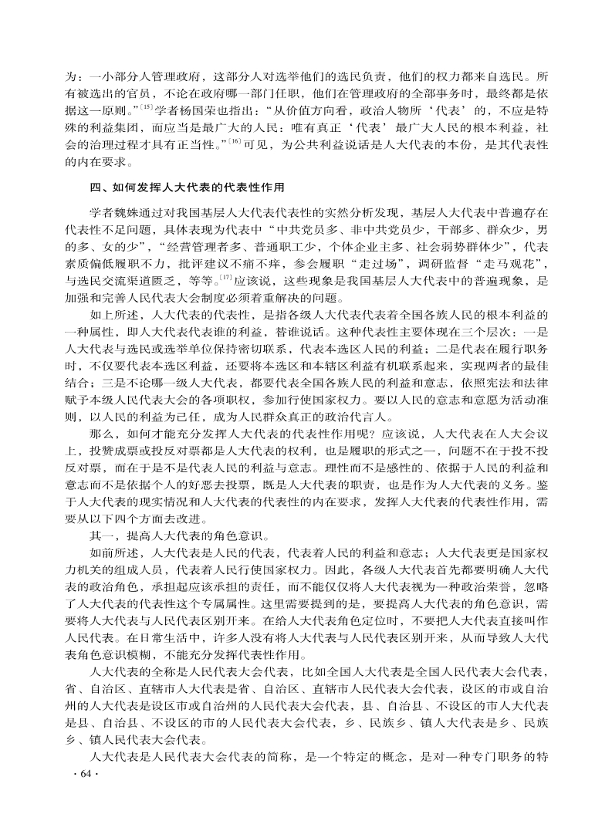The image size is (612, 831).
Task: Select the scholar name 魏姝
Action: click(x=137, y=211)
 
